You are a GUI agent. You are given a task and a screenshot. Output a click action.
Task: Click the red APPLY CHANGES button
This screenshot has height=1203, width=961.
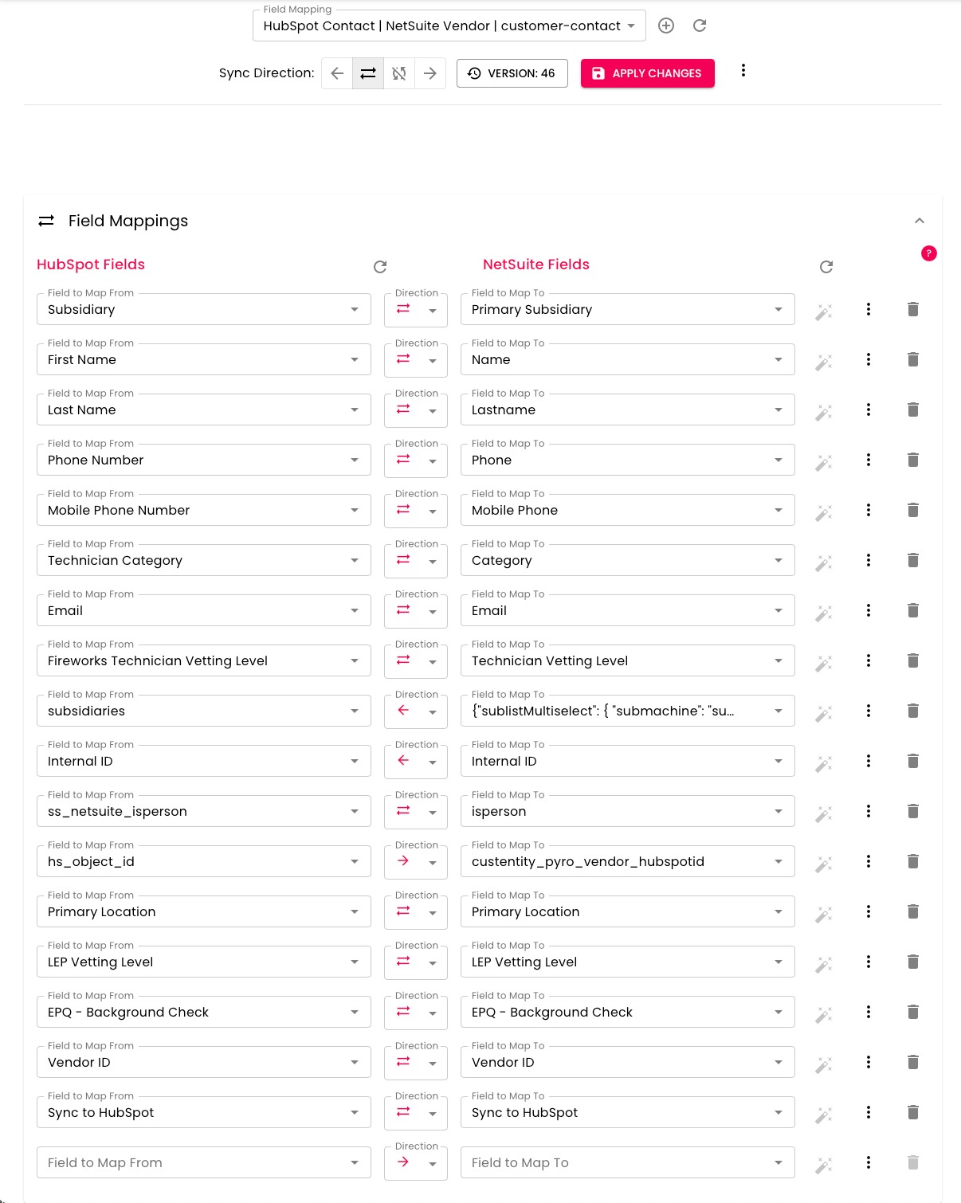(647, 73)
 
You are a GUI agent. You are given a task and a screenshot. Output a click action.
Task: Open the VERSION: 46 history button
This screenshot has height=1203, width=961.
(512, 73)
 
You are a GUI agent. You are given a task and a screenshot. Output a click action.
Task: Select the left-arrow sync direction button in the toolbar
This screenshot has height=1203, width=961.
(337, 73)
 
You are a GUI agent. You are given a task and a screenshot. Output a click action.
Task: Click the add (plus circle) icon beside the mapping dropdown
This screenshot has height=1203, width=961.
(666, 25)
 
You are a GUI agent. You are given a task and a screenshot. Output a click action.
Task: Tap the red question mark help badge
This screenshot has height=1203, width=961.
(928, 253)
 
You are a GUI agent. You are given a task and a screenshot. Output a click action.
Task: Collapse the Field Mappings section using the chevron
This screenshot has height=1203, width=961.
(920, 221)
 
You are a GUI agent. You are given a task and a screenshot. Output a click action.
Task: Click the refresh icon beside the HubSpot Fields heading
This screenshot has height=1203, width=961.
(380, 267)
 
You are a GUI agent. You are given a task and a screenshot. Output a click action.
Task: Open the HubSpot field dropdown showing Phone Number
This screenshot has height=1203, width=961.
(203, 460)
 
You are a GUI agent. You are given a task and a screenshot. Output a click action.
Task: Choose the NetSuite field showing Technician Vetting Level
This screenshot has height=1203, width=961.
(627, 661)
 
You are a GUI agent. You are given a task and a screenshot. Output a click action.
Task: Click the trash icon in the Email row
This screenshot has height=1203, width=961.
(913, 610)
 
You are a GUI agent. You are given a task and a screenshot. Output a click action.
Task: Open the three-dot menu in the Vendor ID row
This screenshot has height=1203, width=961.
(869, 1062)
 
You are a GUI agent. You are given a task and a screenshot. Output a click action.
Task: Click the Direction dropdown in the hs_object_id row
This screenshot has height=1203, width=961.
(416, 862)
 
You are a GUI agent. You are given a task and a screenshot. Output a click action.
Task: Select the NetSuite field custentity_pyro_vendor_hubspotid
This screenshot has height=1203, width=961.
(627, 862)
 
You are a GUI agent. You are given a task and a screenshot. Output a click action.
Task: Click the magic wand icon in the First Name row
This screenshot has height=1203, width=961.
(824, 362)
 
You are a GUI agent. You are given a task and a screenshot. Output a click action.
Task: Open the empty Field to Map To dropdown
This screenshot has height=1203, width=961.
(627, 1163)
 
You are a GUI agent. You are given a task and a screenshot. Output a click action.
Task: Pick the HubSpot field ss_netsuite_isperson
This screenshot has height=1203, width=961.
(203, 812)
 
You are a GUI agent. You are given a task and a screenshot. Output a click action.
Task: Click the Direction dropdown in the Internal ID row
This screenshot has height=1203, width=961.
(416, 762)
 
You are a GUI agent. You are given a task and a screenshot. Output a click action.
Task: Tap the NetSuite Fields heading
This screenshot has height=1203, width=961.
(536, 265)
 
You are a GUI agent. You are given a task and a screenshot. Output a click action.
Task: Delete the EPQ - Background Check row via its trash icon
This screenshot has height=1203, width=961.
(913, 1012)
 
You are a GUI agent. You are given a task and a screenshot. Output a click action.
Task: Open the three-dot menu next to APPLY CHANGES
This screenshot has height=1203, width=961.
(743, 71)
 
